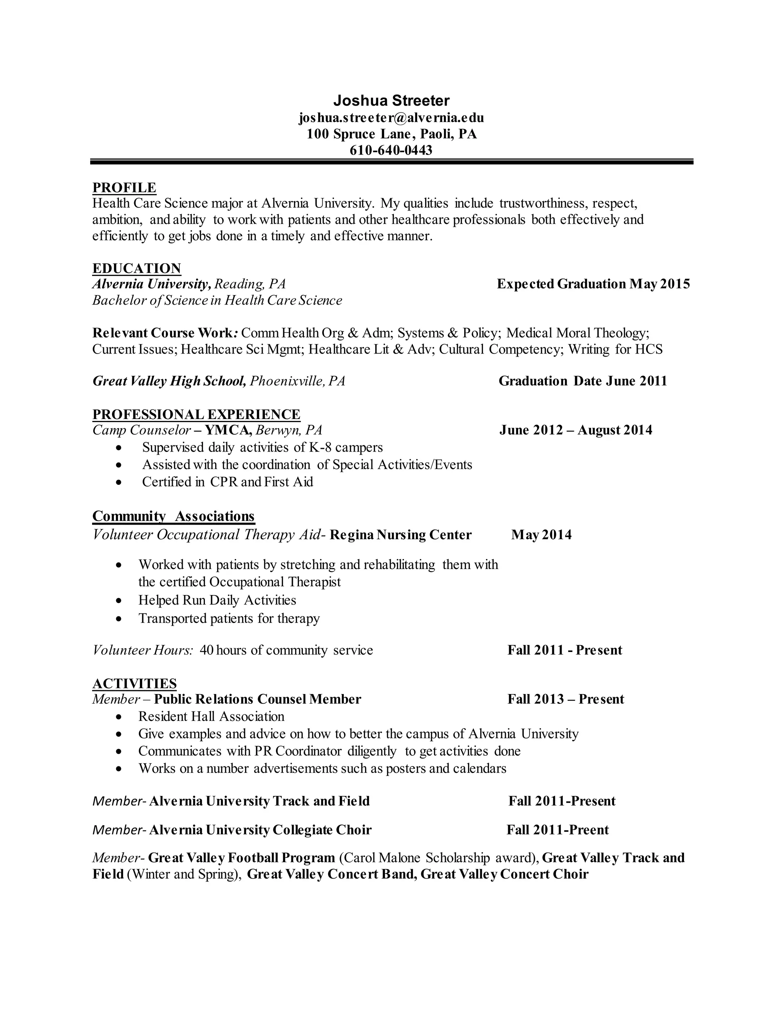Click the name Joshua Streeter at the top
(x=391, y=101)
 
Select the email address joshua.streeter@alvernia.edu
(x=391, y=117)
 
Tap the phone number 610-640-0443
(x=391, y=150)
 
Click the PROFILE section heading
(x=124, y=187)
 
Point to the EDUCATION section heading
(x=136, y=268)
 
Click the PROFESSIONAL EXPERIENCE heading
(x=196, y=414)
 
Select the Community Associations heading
(x=174, y=516)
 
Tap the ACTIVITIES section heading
(x=135, y=683)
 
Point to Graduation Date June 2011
(x=583, y=381)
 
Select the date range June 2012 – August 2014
(x=576, y=430)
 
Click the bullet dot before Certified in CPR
(x=120, y=483)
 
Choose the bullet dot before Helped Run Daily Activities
(x=120, y=601)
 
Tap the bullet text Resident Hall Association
(x=211, y=716)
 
